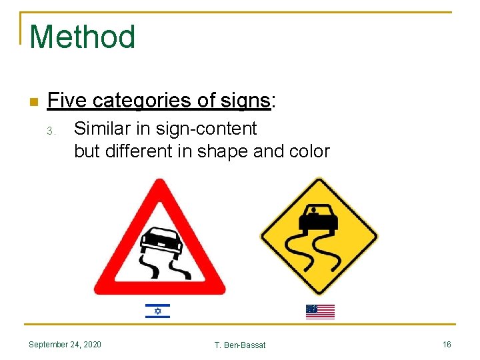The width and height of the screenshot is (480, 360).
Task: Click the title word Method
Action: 83,37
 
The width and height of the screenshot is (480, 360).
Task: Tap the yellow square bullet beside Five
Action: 34,102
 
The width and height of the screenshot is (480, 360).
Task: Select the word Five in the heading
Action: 68,101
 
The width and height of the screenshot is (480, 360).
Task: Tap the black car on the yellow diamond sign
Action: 319,217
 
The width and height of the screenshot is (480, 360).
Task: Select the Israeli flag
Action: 157,311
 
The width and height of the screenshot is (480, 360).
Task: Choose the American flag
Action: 320,311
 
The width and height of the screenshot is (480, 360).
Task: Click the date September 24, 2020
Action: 65,344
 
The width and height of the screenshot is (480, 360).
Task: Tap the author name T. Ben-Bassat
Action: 240,345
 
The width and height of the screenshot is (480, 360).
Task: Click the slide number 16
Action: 447,344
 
